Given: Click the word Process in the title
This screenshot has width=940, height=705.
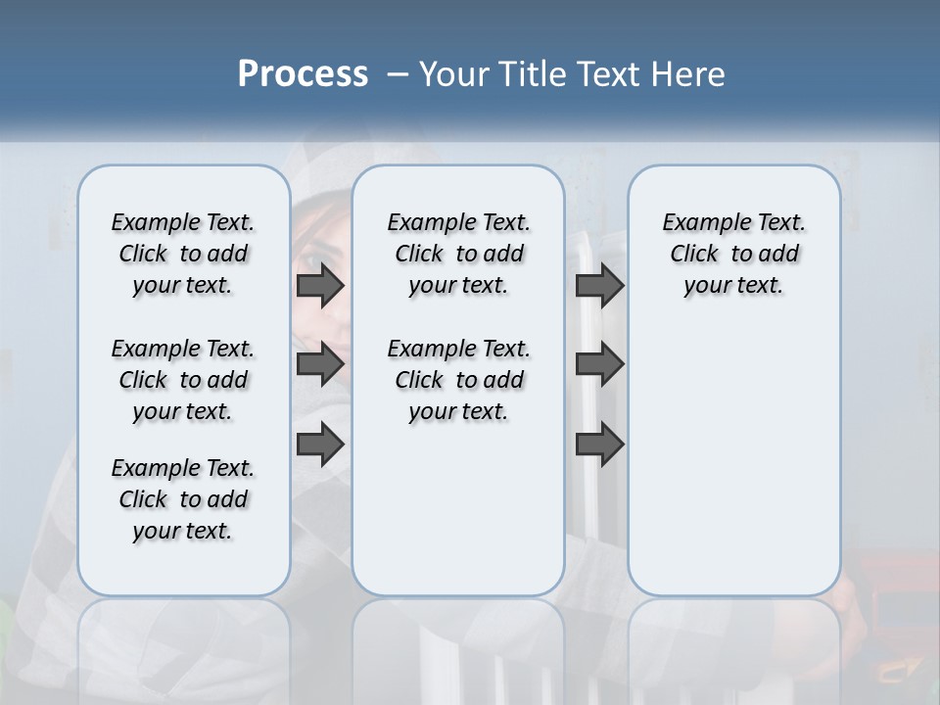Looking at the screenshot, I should [x=303, y=73].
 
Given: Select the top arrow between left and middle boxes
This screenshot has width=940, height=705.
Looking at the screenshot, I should [x=320, y=285].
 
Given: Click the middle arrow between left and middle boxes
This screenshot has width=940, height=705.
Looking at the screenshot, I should [x=320, y=364].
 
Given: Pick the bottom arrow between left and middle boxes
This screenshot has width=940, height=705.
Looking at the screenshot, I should [x=320, y=444].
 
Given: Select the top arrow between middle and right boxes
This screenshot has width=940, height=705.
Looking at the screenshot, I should [x=599, y=285].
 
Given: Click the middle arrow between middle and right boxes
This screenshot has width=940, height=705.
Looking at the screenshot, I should [x=599, y=364].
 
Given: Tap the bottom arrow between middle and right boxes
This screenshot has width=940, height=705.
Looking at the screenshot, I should [x=599, y=444].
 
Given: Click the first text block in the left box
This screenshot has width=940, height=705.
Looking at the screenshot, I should [x=183, y=254].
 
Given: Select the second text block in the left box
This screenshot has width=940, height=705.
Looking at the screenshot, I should [x=183, y=380].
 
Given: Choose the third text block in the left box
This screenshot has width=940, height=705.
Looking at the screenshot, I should [x=183, y=499].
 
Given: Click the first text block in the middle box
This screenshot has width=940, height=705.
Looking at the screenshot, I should [x=458, y=254].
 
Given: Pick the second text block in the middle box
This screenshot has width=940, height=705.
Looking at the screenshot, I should [x=458, y=380].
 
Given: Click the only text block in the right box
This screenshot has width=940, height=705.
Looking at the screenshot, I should [x=734, y=254].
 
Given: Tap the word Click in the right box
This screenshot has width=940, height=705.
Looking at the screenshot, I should [x=694, y=255].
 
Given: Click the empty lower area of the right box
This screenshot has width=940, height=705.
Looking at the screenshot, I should [x=734, y=470].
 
